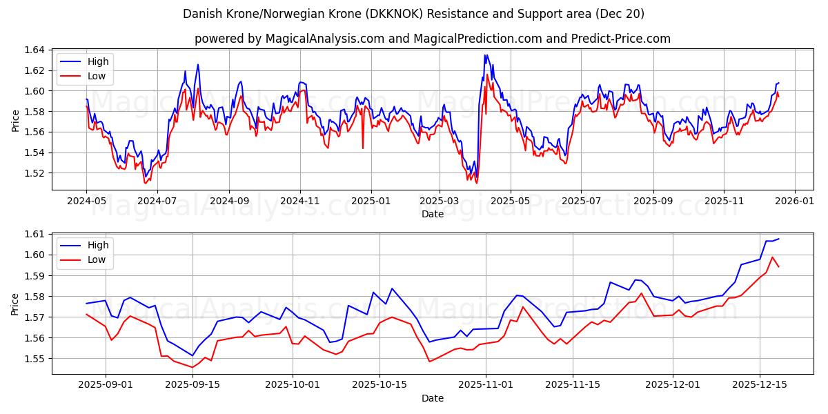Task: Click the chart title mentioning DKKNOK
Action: (x=413, y=14)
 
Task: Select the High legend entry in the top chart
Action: (x=97, y=61)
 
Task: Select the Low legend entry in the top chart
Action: (x=97, y=76)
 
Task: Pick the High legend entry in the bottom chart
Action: (x=97, y=245)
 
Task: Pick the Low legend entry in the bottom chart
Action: (x=97, y=259)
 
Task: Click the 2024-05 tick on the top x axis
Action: (x=86, y=200)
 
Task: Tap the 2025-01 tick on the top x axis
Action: (x=371, y=200)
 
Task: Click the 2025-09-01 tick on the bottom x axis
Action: (x=106, y=384)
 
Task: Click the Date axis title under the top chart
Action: (x=432, y=214)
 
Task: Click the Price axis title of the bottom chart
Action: (x=15, y=304)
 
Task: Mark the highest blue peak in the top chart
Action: (x=486, y=55)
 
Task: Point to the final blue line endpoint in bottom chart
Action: (x=778, y=239)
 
